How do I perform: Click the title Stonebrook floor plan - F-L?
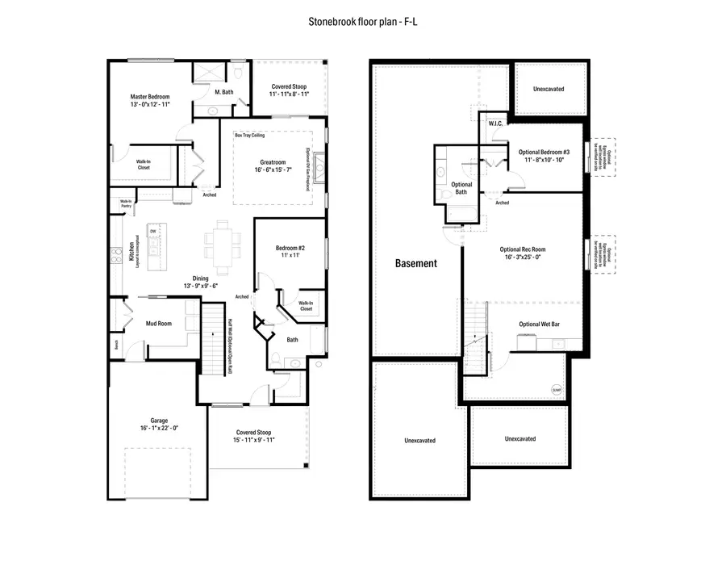[362, 23]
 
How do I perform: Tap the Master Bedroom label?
[150, 98]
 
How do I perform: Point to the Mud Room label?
[158, 324]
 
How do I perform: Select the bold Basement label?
[416, 263]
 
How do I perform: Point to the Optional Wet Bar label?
[540, 324]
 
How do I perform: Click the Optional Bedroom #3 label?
[544, 152]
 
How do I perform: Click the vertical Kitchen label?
[131, 253]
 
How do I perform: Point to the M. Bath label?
[223, 93]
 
